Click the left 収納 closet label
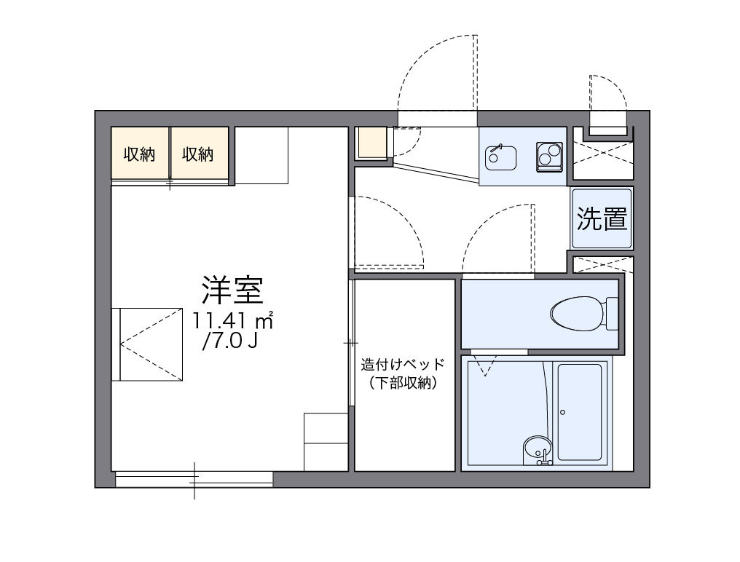click(x=139, y=154)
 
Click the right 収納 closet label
click(x=198, y=154)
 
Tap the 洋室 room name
click(x=232, y=290)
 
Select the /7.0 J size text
click(x=230, y=341)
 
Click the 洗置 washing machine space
click(x=602, y=218)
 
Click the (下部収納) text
click(x=403, y=384)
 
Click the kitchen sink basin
click(x=500, y=155)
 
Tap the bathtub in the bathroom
click(x=579, y=413)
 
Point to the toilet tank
click(x=612, y=314)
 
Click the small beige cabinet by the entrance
click(x=372, y=143)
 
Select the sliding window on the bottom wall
click(x=194, y=479)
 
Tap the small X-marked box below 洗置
click(x=602, y=264)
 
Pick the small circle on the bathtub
click(x=562, y=413)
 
